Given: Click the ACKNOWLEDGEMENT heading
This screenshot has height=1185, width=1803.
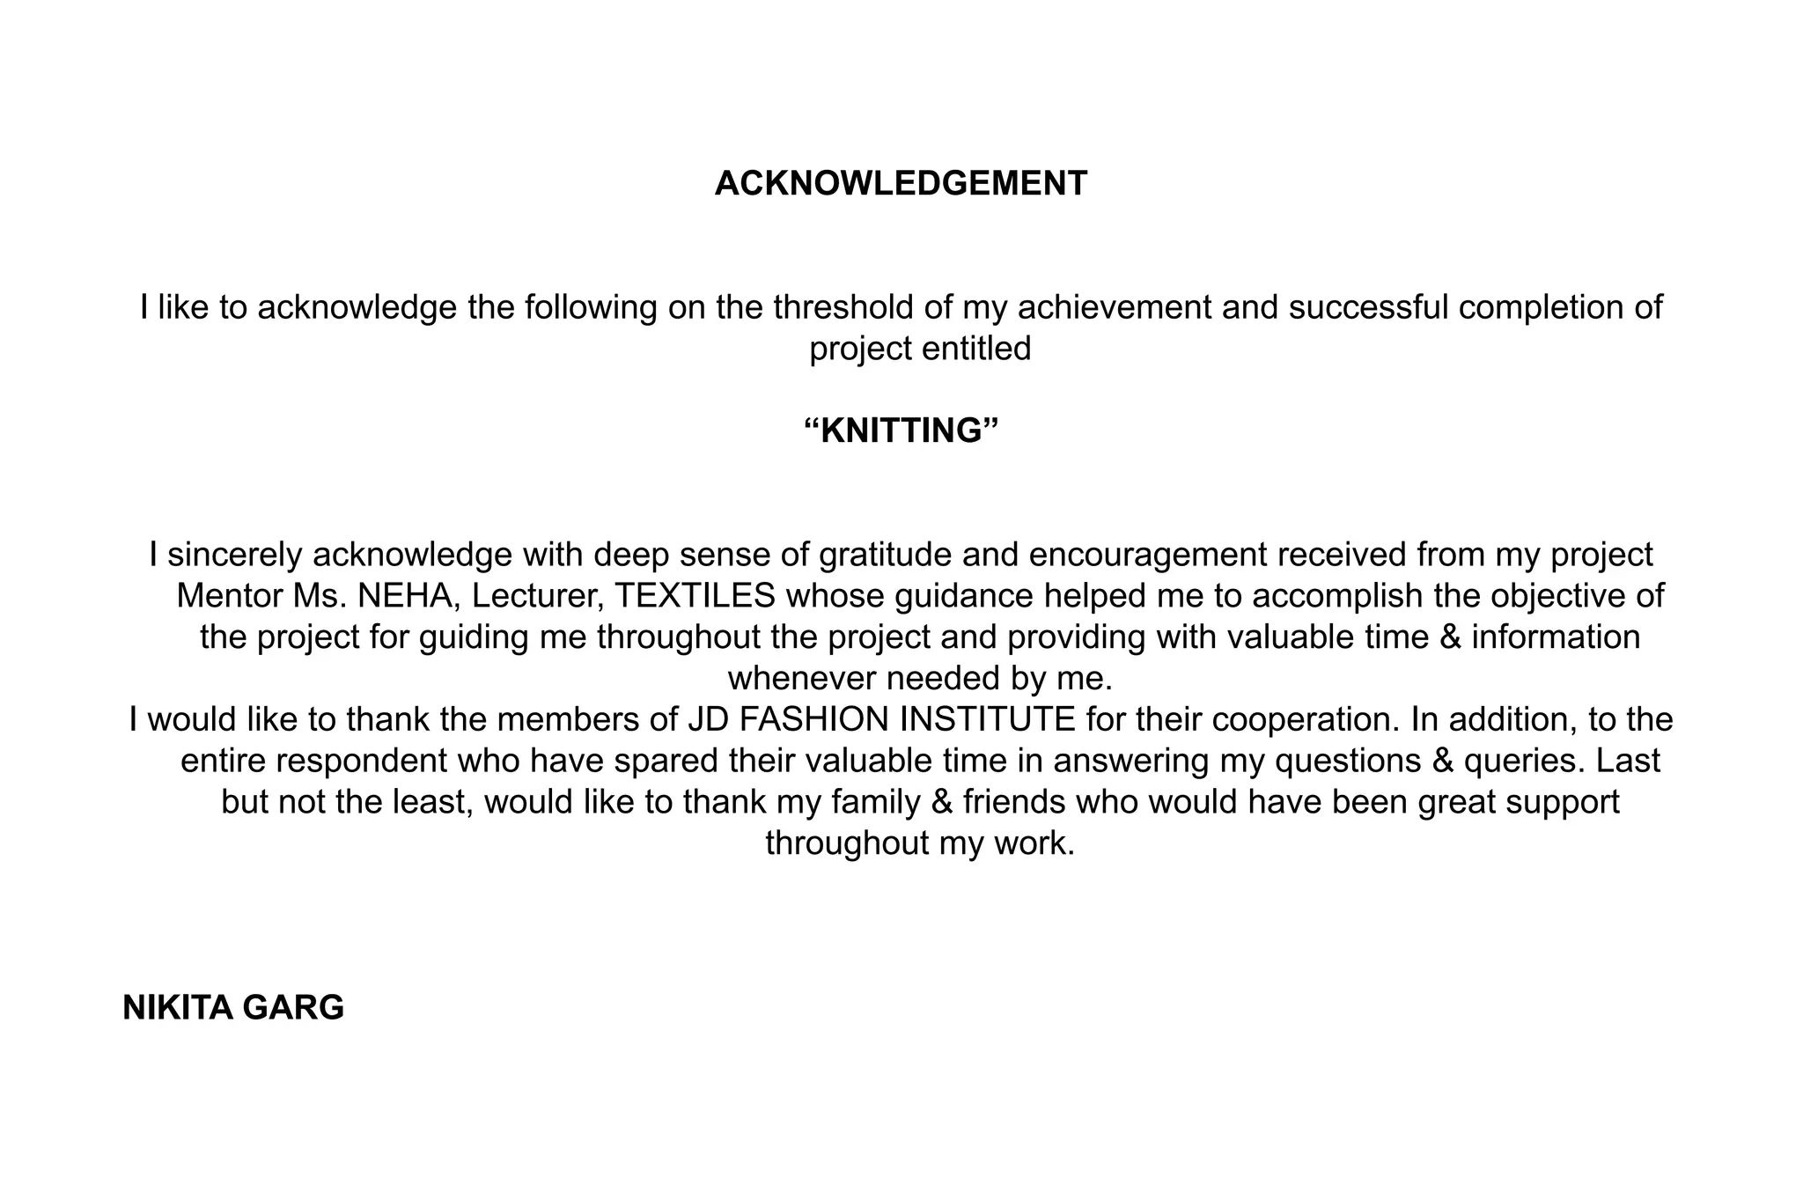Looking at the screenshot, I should coord(901,184).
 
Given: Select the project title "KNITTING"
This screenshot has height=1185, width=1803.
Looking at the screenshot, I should coord(901,431).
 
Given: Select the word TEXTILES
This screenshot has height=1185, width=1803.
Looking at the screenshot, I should coord(695,596).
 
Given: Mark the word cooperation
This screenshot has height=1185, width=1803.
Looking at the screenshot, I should coord(1306,720).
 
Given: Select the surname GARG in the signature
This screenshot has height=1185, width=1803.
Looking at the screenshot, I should coord(293,1008).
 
